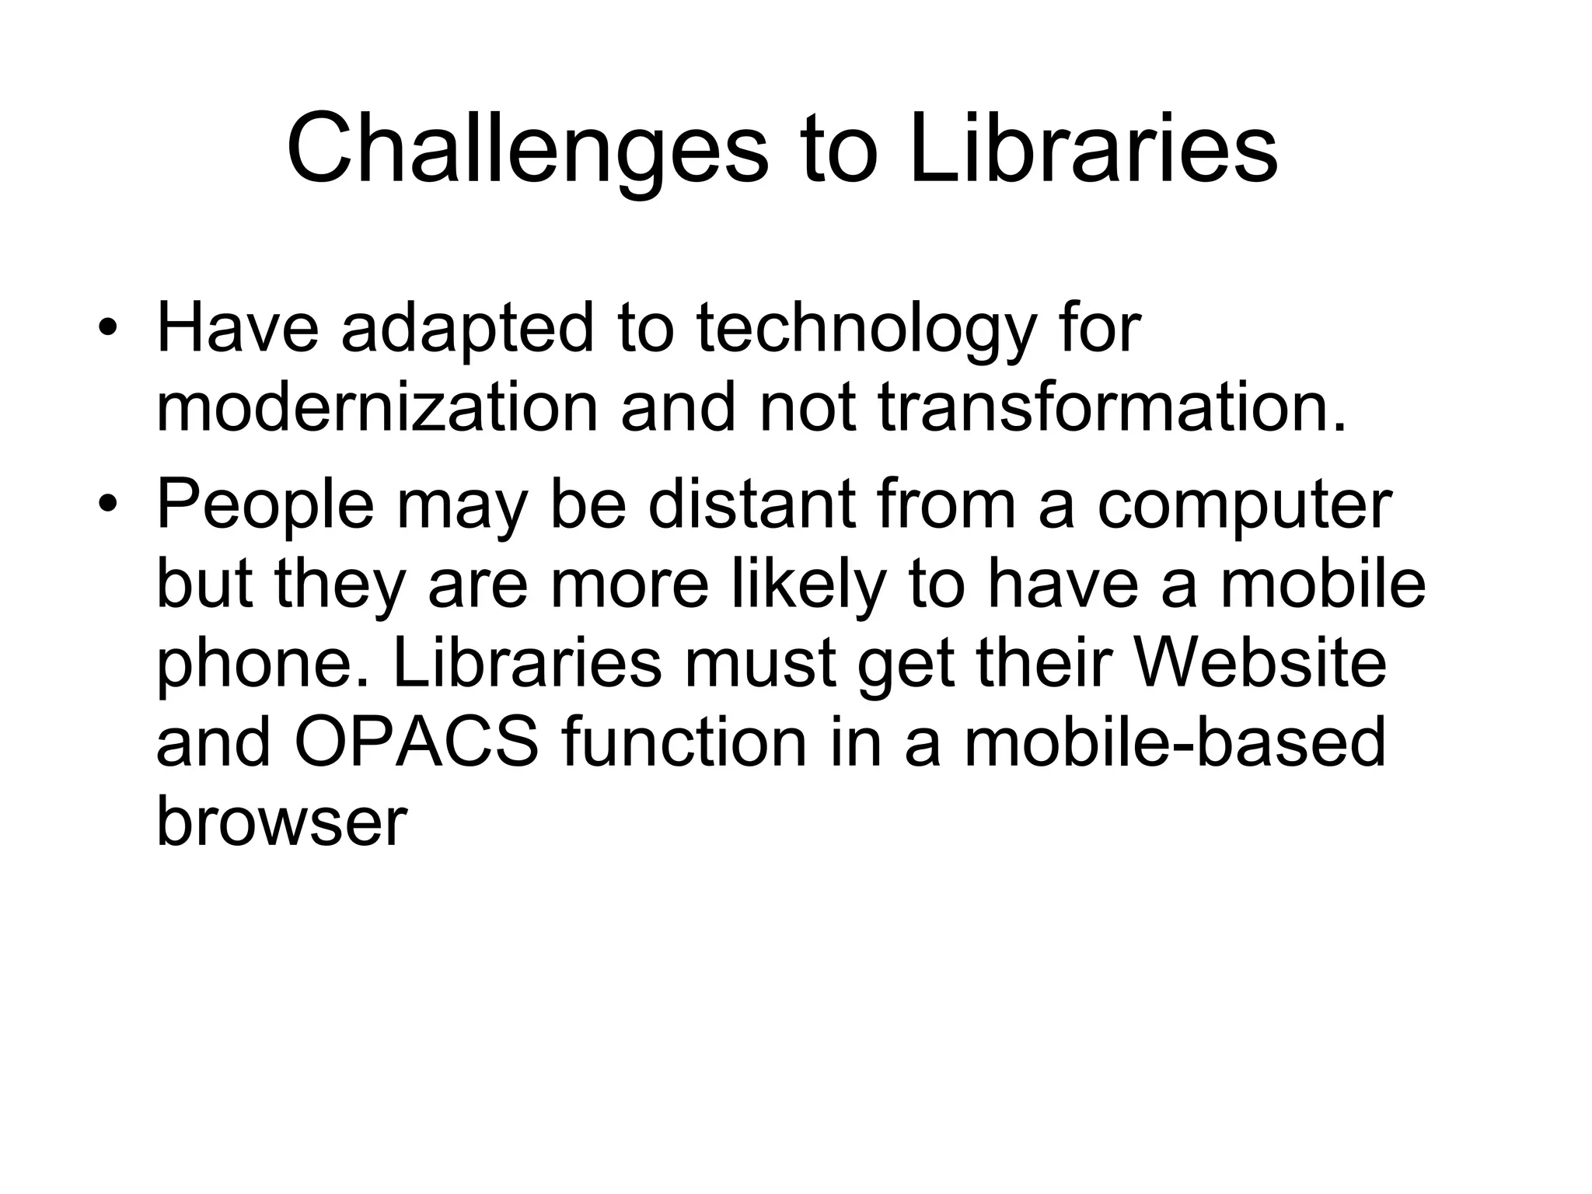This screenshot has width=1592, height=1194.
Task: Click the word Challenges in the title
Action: pos(527,149)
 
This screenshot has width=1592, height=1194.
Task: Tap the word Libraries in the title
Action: pos(1093,149)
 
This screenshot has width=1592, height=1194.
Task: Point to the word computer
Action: pos(1245,506)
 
